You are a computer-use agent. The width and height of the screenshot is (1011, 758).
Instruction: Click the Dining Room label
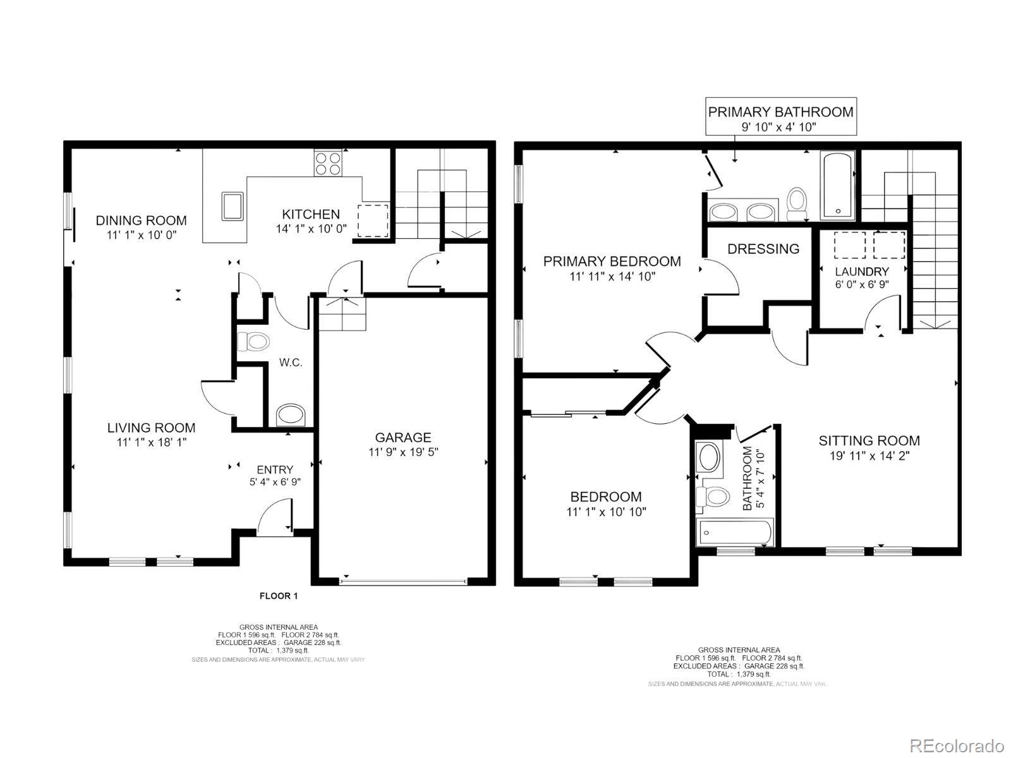pyautogui.click(x=141, y=220)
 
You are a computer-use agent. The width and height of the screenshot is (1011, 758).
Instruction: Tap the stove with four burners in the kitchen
pyautogui.click(x=328, y=163)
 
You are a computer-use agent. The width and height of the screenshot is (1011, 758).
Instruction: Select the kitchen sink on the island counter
pyautogui.click(x=232, y=207)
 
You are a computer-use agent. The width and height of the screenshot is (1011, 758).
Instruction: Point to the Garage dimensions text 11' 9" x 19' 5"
pyautogui.click(x=403, y=452)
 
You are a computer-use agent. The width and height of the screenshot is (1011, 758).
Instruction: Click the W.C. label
pyautogui.click(x=291, y=363)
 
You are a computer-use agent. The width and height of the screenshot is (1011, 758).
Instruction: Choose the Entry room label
pyautogui.click(x=275, y=469)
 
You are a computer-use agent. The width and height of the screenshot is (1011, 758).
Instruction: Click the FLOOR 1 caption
pyautogui.click(x=279, y=596)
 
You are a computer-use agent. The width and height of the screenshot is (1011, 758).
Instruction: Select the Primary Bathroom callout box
pyautogui.click(x=781, y=116)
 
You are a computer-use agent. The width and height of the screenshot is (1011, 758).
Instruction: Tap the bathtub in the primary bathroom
pyautogui.click(x=838, y=186)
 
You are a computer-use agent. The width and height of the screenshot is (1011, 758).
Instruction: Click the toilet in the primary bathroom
pyautogui.click(x=796, y=204)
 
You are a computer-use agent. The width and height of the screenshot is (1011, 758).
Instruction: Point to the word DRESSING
pyautogui.click(x=763, y=249)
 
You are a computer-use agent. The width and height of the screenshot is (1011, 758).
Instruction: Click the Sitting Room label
pyautogui.click(x=869, y=440)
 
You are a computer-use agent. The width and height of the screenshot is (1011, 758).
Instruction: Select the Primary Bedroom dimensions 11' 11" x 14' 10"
pyautogui.click(x=612, y=277)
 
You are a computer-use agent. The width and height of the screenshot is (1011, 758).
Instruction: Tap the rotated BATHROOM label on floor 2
pyautogui.click(x=747, y=478)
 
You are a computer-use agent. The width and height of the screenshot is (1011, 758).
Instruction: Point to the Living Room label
pyautogui.click(x=151, y=428)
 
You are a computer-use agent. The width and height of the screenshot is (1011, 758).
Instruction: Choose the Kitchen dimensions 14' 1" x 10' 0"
pyautogui.click(x=312, y=229)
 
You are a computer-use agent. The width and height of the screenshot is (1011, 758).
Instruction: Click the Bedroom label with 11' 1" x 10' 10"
pyautogui.click(x=606, y=496)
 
